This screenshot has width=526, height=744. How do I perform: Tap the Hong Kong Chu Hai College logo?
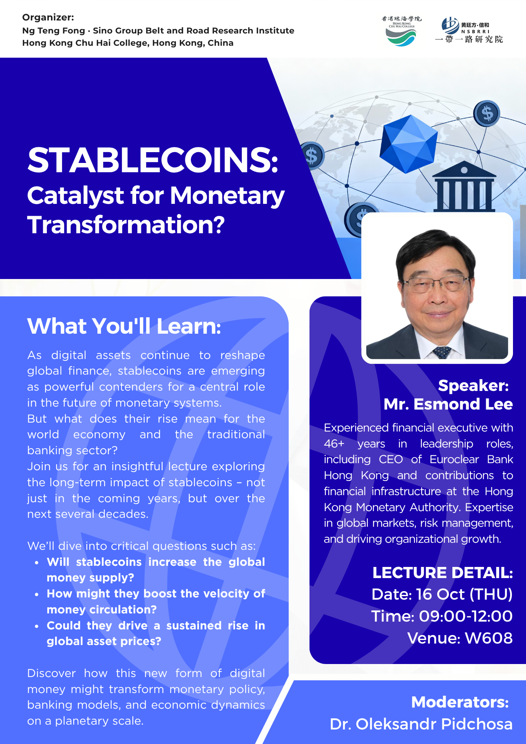401,31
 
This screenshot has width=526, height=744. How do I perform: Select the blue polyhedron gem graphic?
408,144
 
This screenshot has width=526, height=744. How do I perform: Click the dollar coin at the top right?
487,113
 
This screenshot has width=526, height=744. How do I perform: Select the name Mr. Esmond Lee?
448,404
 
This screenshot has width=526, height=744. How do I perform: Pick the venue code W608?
489,638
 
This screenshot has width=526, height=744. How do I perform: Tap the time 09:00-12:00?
466,616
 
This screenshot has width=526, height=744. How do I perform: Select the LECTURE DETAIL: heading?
443,573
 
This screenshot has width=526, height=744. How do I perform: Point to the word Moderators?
460,702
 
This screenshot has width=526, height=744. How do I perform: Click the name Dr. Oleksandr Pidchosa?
421,724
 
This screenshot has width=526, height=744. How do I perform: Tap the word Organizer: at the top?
48,17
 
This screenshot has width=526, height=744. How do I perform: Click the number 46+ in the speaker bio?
334,443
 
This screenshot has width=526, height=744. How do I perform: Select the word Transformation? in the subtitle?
126,225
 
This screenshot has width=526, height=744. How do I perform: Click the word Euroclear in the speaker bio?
454,459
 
